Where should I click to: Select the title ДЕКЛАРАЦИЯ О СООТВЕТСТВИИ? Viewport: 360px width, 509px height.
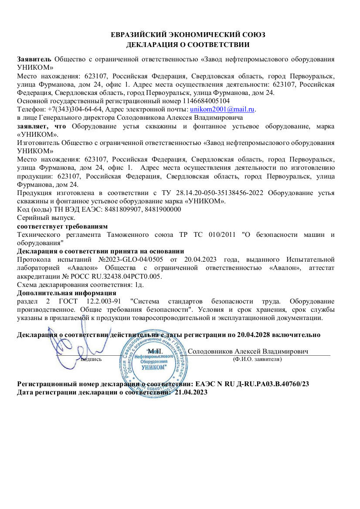(x=188, y=44)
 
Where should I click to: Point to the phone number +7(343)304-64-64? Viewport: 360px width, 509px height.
(x=72, y=109)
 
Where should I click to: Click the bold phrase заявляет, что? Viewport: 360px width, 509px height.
(x=42, y=126)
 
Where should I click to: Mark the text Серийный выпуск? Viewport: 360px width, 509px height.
(x=46, y=218)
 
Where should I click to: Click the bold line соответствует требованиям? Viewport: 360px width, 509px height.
(x=62, y=226)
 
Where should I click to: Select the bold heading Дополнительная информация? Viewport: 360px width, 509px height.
(x=67, y=293)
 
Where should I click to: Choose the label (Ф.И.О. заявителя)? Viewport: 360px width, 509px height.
(x=258, y=359)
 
